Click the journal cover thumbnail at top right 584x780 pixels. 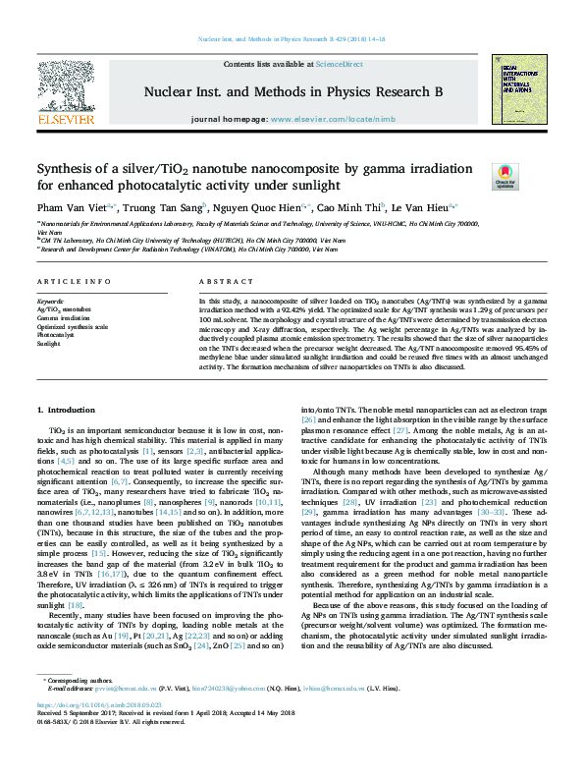pyautogui.click(x=518, y=89)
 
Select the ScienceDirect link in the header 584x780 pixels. pyautogui.click(x=339, y=64)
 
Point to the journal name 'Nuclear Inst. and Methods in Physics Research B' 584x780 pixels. pyautogui.click(x=293, y=91)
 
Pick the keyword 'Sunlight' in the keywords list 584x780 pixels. pyautogui.click(x=48, y=343)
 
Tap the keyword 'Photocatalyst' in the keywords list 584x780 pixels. pyautogui.click(x=56, y=335)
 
